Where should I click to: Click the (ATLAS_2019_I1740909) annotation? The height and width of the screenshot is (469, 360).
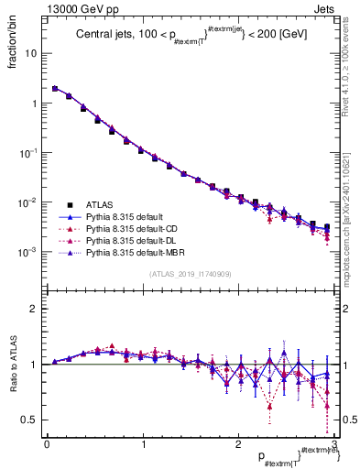tap(190, 274)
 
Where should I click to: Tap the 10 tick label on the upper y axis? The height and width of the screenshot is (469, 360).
tap(31, 53)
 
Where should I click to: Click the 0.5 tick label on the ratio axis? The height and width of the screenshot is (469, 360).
tap(29, 420)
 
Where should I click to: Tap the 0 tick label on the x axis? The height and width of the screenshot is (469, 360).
tap(46, 444)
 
